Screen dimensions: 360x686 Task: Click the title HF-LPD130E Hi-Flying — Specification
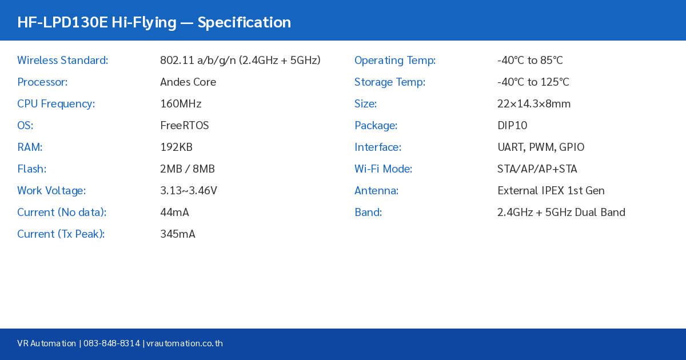154,22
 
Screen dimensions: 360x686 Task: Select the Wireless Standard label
62,60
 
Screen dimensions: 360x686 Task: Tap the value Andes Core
188,82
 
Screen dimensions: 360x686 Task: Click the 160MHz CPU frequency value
181,103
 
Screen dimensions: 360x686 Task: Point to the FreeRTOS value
184,125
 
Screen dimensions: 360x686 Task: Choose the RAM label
30,147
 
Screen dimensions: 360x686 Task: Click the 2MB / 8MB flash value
188,169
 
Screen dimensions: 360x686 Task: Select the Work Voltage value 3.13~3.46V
189,190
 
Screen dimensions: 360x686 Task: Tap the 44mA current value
174,212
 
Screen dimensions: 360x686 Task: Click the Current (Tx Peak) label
61,234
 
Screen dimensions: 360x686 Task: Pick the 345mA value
178,234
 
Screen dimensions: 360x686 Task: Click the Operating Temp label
395,60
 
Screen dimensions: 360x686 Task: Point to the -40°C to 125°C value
533,82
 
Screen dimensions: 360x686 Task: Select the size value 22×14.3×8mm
534,103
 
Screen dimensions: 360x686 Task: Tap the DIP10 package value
512,125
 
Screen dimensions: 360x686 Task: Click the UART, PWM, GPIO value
541,147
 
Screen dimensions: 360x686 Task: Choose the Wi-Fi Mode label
383,169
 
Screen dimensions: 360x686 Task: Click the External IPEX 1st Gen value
551,190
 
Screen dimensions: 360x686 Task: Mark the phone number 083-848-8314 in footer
111,343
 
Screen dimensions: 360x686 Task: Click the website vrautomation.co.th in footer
185,343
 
